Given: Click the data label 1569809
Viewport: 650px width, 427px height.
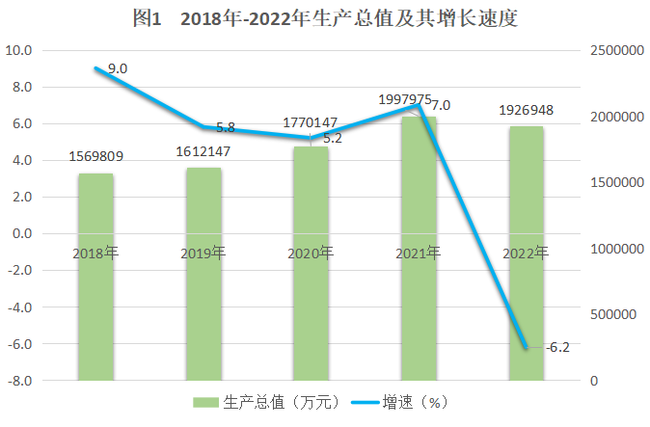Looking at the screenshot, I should coord(95,156).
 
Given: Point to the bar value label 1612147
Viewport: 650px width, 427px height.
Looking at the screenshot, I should coord(203,152).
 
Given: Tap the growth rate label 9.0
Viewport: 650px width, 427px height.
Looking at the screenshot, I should coord(118,68).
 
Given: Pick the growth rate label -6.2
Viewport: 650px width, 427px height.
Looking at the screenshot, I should coord(557,347).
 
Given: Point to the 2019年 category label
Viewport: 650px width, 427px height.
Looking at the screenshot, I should coord(203,254).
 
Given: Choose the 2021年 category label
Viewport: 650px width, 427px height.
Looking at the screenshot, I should coord(418,254).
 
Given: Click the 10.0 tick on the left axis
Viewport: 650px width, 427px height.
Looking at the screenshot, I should coord(20,50).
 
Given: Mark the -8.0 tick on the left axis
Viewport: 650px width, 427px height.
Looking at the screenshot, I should coord(20,382).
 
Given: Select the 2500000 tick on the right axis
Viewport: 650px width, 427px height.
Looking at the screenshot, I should coord(615,50).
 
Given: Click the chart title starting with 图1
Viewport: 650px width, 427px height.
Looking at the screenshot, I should coord(325,18).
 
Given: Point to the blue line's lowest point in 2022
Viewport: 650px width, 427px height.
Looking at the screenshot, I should coord(527,348).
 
